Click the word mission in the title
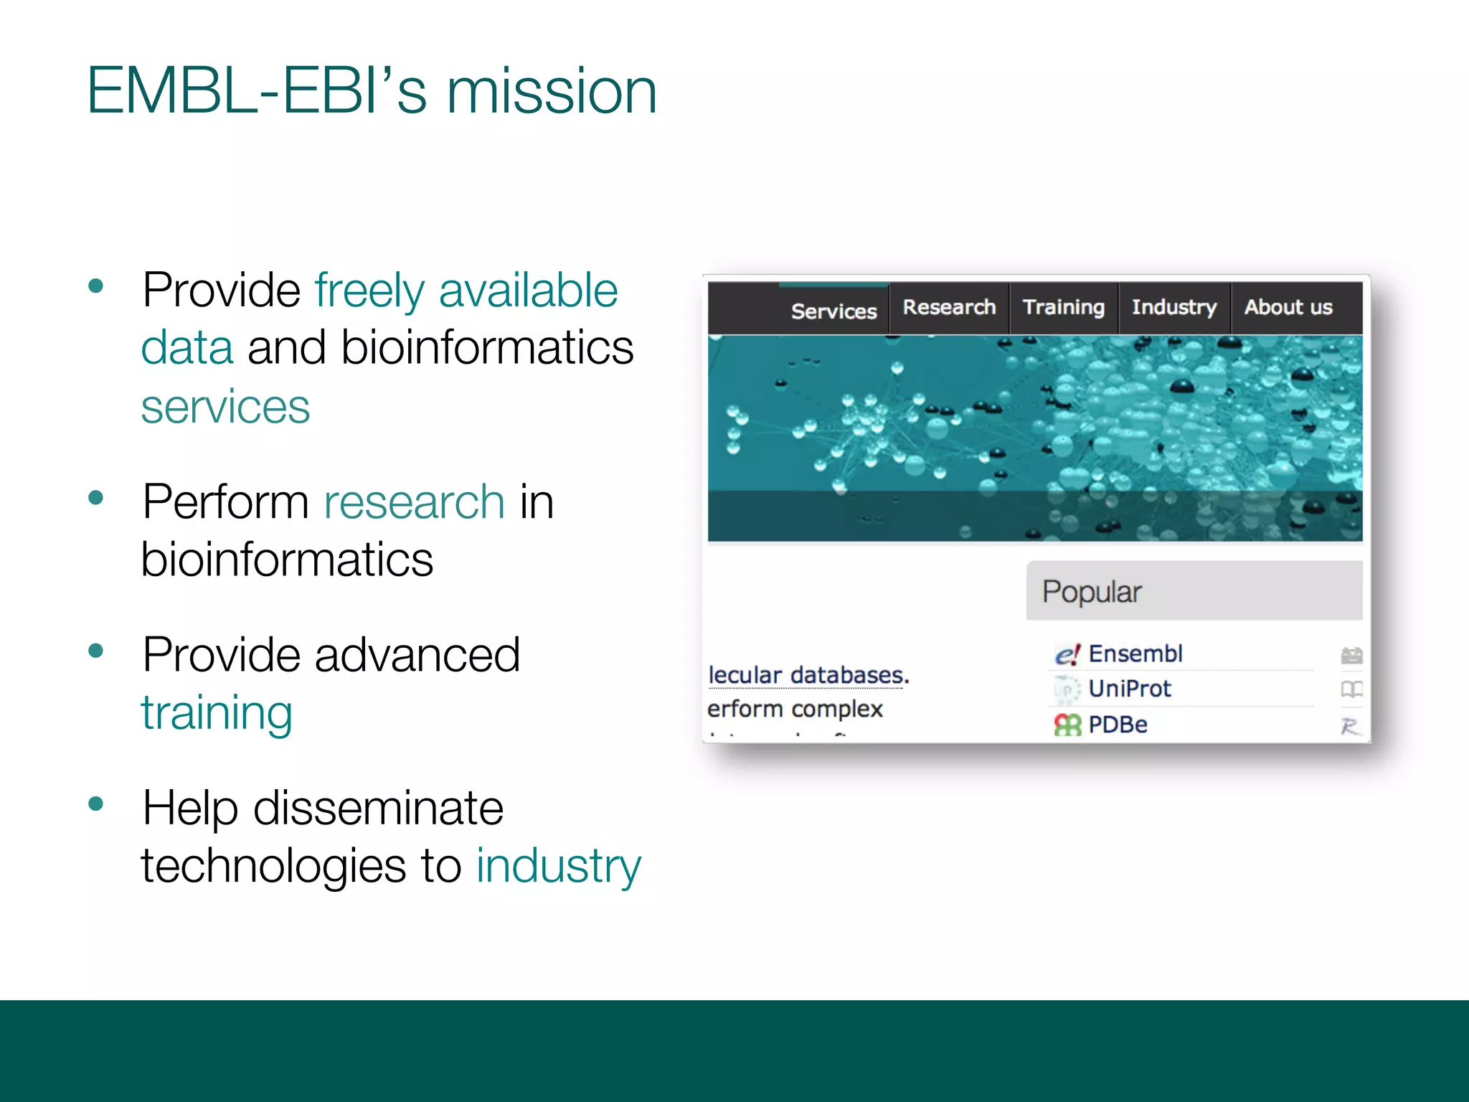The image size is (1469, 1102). click(x=551, y=92)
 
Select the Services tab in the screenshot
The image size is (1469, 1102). click(x=833, y=311)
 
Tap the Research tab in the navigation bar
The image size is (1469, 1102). click(x=949, y=307)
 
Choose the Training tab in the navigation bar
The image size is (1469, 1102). click(x=1063, y=307)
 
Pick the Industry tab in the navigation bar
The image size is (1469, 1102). click(x=1174, y=307)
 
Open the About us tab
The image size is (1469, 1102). click(x=1288, y=307)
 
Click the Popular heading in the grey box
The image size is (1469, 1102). click(x=1091, y=592)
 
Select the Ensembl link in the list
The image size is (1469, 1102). click(x=1135, y=654)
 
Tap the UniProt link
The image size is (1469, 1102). click(x=1129, y=689)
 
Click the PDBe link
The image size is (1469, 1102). click(x=1118, y=725)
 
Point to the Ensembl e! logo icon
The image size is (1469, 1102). click(x=1067, y=654)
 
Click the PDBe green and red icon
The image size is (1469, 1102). click(x=1067, y=725)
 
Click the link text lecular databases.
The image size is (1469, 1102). click(x=808, y=675)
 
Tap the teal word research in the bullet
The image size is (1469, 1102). click(x=414, y=501)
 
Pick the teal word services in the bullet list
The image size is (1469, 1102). click(x=225, y=407)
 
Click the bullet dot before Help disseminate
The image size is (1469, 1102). click(x=95, y=803)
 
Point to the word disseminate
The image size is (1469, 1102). click(x=378, y=808)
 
